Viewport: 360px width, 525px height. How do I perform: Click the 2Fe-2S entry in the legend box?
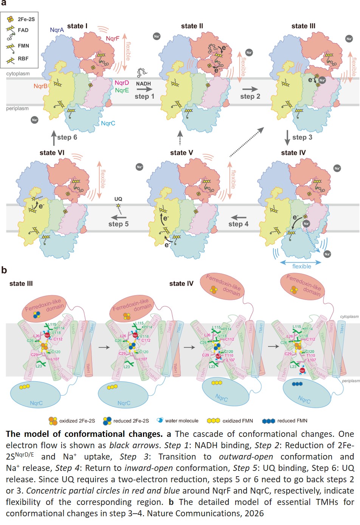tap(25, 19)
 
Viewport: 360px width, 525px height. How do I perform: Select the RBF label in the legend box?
tap(23, 59)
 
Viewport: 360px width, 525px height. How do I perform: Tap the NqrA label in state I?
tap(57, 30)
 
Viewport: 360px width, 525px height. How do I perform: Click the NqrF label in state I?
tap(112, 39)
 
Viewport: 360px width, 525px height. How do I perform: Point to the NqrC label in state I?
tap(108, 123)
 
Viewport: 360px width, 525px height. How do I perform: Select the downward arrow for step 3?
tap(287, 137)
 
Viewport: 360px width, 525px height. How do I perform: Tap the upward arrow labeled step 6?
tap(54, 138)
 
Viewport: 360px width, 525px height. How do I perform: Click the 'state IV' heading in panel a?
tap(293, 152)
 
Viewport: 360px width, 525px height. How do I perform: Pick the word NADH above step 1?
tap(143, 84)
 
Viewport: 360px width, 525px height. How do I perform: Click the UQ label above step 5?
tap(118, 199)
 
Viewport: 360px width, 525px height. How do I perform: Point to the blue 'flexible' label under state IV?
tap(301, 266)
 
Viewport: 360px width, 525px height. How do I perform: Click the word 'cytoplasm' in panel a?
tap(18, 74)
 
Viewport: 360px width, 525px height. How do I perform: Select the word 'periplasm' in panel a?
tap(17, 109)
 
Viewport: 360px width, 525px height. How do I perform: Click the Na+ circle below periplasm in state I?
tap(34, 120)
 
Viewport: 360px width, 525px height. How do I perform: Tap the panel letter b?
tap(4, 270)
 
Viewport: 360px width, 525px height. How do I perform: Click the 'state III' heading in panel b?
tap(21, 284)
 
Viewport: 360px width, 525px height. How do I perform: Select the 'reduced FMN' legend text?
tap(292, 421)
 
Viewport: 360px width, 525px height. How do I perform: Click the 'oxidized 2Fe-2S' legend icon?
tap(53, 421)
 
